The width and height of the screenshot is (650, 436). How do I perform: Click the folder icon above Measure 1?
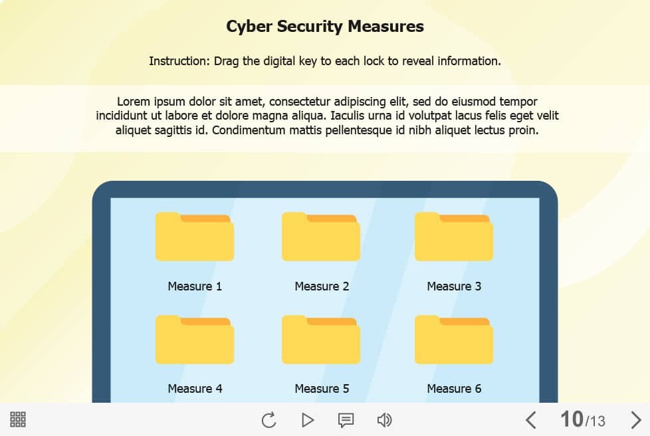(195, 237)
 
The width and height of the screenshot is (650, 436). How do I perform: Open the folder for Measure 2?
(321, 237)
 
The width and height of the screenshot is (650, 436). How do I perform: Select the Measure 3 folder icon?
(454, 237)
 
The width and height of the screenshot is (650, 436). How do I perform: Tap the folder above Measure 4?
(195, 340)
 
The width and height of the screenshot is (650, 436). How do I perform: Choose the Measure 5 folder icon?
(321, 340)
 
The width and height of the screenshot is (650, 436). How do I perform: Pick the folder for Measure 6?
(454, 340)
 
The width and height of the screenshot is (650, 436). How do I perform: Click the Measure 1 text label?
(195, 286)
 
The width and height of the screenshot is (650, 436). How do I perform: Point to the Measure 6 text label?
(454, 388)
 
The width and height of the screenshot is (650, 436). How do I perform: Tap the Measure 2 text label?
(322, 286)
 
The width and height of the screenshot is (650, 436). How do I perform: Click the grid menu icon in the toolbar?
(18, 419)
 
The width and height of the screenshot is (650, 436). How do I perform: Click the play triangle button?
(307, 420)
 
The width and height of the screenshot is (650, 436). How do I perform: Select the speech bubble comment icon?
(346, 420)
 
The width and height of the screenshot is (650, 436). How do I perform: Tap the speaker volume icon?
(384, 420)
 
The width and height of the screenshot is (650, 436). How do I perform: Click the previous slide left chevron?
(530, 420)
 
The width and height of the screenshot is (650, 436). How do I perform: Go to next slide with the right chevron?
(636, 420)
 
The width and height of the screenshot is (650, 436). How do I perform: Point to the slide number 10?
(572, 419)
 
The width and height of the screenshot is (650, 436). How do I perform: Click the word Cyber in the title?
(249, 27)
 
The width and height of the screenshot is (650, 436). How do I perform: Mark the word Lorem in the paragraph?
(134, 101)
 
